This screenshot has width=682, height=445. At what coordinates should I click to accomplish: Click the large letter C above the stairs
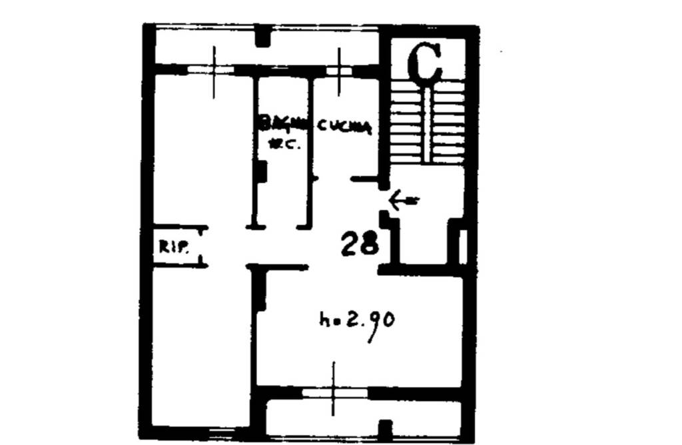425,63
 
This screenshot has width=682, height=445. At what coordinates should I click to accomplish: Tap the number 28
360,244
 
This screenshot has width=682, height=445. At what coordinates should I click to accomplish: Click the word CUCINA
343,126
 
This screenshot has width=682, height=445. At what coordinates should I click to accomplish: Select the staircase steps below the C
427,123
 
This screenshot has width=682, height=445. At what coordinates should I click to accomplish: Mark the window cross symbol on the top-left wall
214,70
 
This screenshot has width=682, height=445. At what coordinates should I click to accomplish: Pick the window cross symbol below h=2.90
334,393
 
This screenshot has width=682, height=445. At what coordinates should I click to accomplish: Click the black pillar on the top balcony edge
264,35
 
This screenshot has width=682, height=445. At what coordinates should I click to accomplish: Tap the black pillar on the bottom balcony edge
385,430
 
